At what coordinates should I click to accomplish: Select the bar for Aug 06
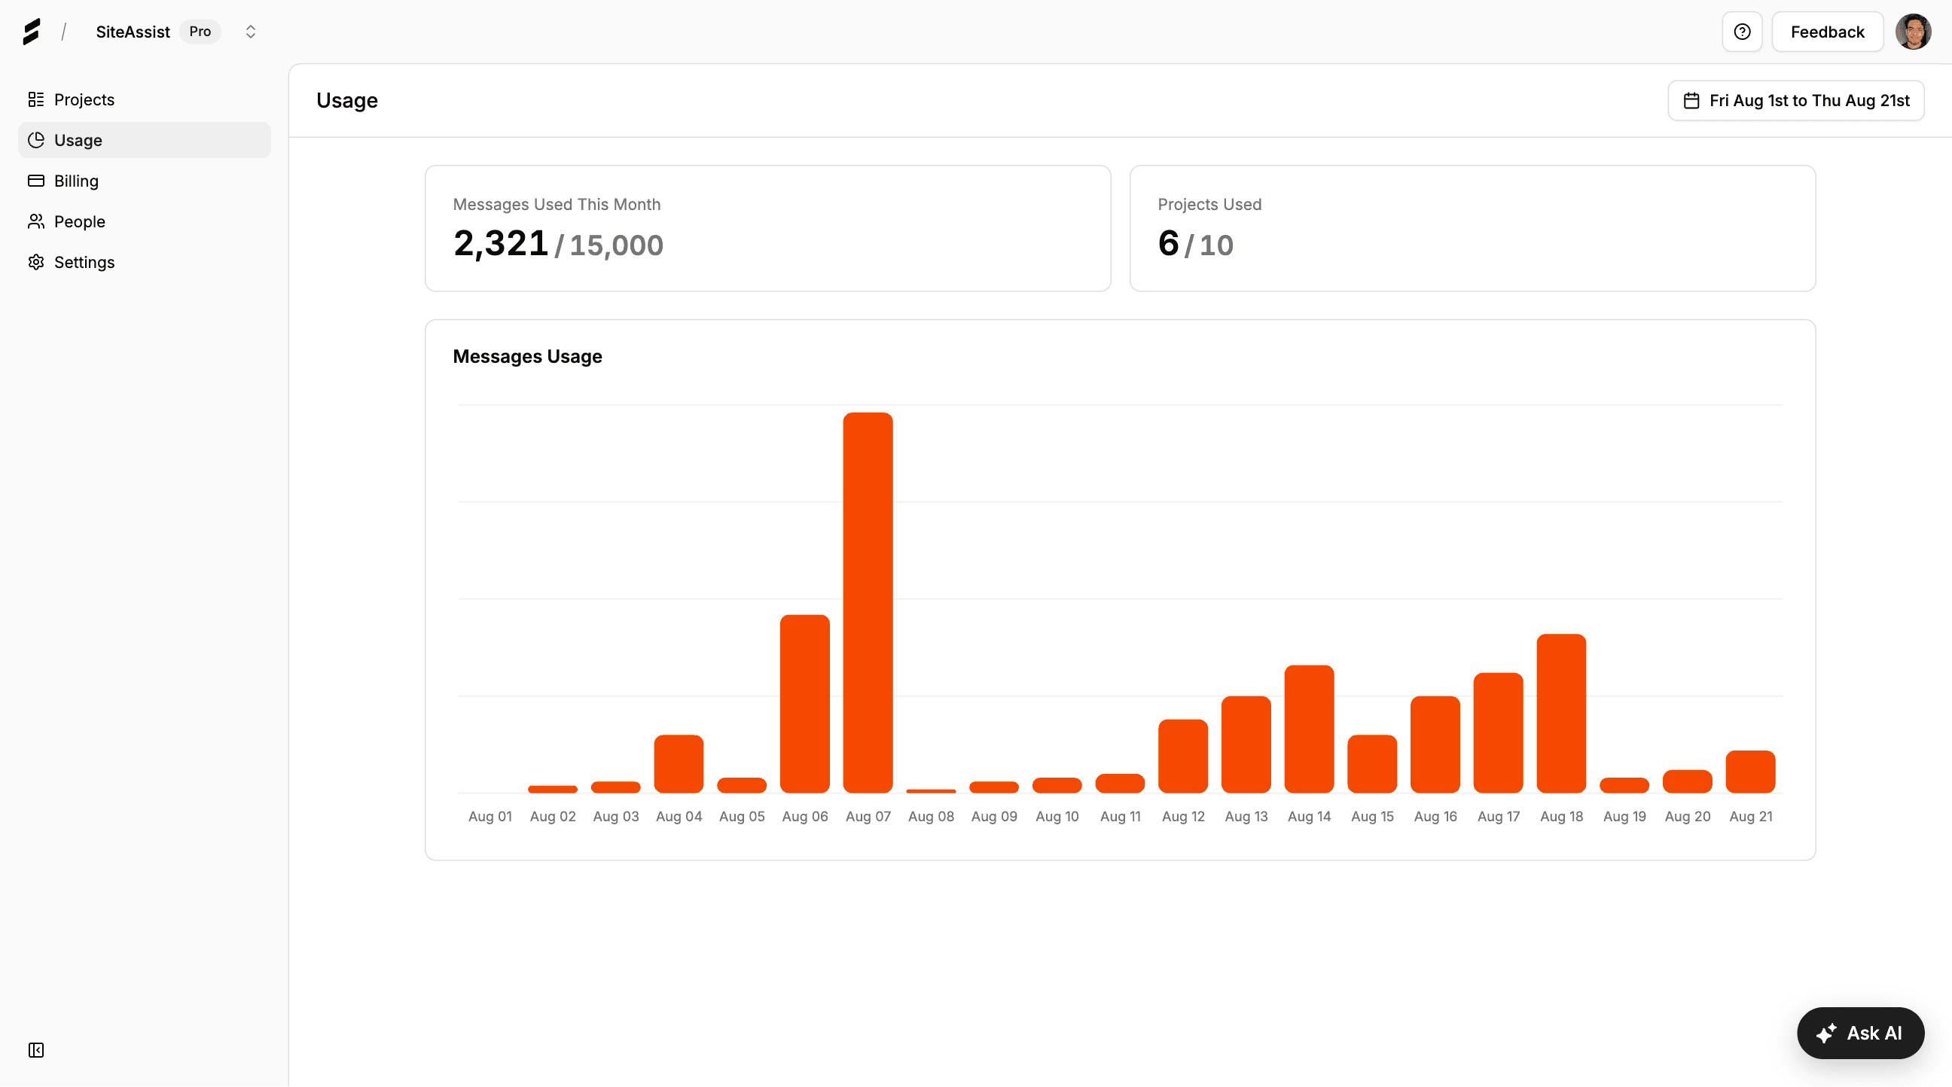coord(805,704)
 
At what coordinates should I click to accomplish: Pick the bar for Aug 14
coord(1309,729)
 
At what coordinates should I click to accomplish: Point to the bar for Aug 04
coord(679,763)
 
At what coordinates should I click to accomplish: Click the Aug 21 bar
coord(1749,772)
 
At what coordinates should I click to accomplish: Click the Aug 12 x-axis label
coord(1183,817)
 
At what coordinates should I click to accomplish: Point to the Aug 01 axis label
coord(490,817)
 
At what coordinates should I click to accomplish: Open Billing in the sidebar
coord(76,181)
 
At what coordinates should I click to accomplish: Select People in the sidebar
coord(79,222)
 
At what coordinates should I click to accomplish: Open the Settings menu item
coord(84,262)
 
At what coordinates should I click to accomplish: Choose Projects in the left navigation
coord(84,100)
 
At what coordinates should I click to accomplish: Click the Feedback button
coord(1826,32)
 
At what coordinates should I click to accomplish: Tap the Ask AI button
coord(1859,1034)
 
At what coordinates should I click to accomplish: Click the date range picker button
coord(1795,101)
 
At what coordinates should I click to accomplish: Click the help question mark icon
coord(1741,32)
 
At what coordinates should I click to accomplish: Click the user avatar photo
coord(1912,32)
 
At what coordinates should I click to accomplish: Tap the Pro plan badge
coord(200,32)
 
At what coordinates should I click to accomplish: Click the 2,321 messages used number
coord(500,244)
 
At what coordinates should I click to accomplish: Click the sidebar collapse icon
coord(35,1050)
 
